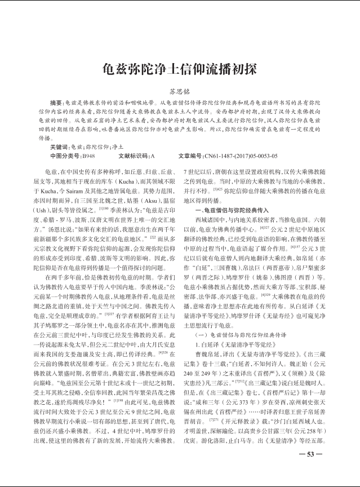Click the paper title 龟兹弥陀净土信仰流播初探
(x=180, y=69)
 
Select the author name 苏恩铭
(x=180, y=91)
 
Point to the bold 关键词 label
(x=59, y=145)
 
